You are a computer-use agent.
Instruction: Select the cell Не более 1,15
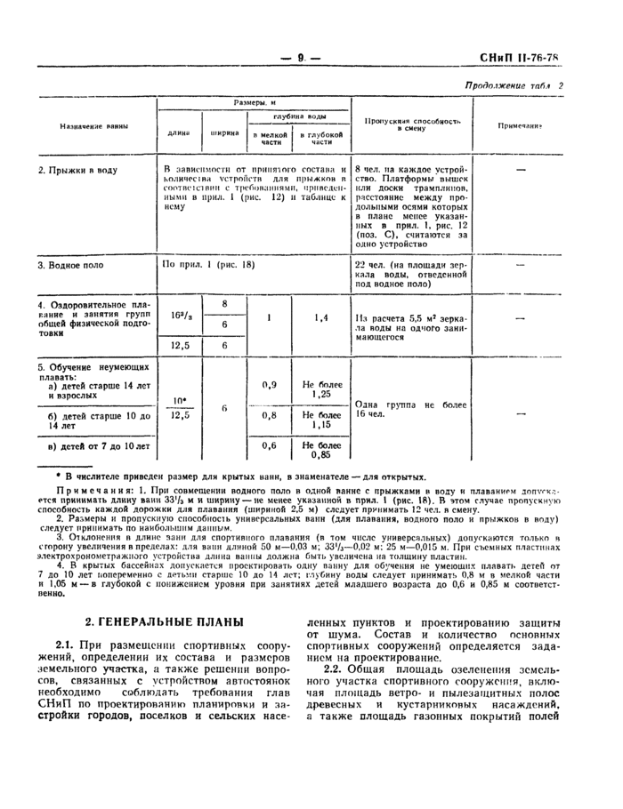(321, 419)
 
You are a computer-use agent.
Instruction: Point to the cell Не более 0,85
(321, 449)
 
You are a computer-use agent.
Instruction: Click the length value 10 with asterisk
(181, 400)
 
